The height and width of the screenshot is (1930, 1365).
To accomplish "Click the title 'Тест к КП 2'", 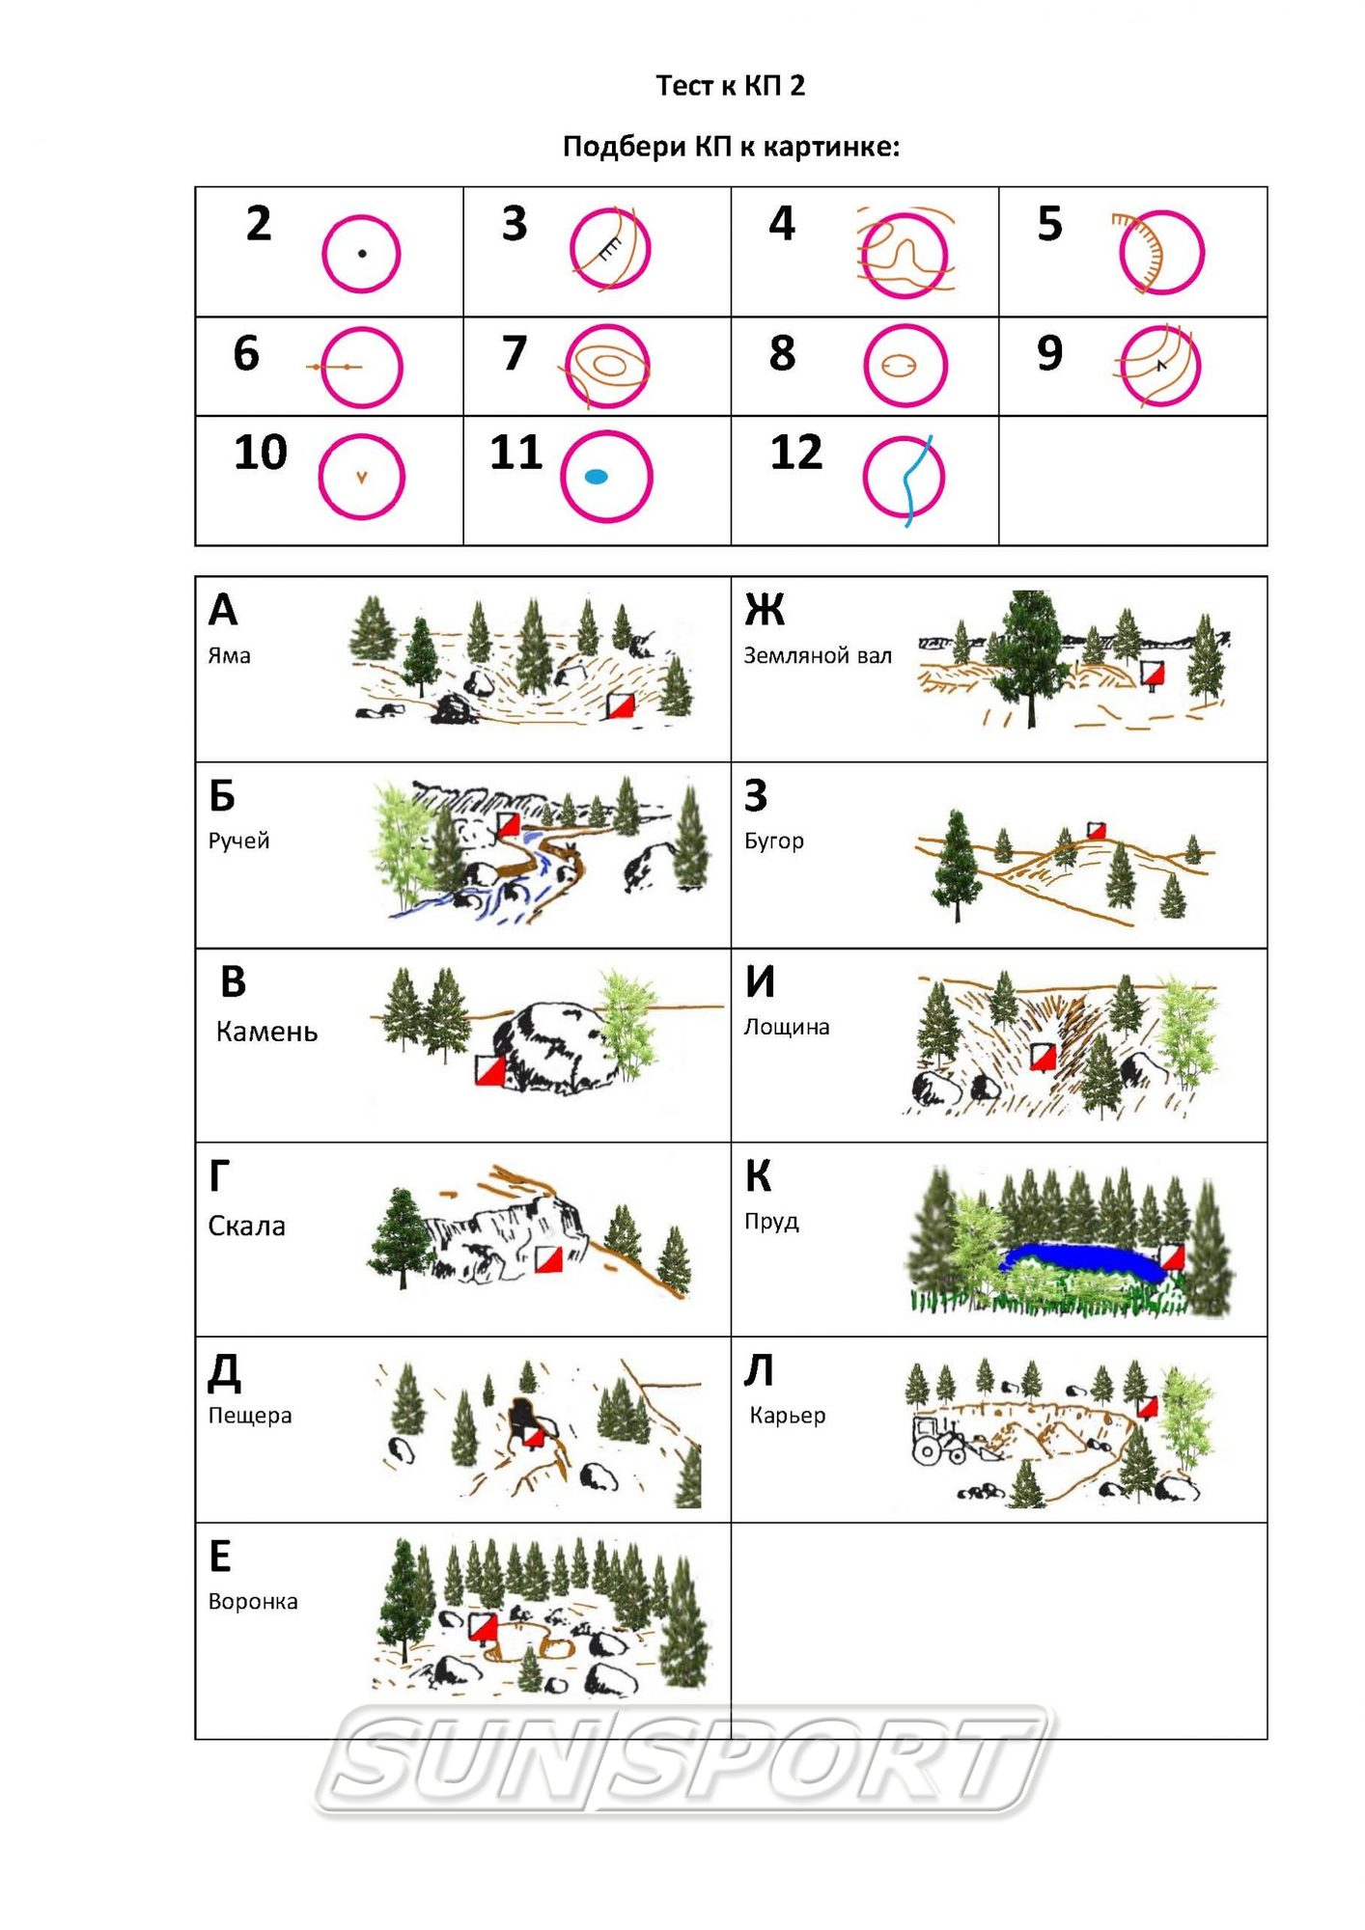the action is pos(730,86).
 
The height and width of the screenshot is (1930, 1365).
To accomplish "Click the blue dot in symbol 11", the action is pos(597,477).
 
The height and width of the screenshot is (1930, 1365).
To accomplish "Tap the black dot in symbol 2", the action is pos(362,254).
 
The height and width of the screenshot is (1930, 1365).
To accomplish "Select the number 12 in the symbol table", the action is pos(796,452).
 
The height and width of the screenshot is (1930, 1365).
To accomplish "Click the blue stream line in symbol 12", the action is pos(910,480).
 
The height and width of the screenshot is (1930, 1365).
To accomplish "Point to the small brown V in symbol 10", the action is pos(361,477).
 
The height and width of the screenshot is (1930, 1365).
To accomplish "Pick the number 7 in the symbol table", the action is pos(515,353).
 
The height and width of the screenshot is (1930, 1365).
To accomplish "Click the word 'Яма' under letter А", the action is pos(230,655).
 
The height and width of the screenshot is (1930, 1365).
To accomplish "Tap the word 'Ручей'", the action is pos(238,841).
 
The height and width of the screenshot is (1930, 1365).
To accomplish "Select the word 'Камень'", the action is pos(266,1032).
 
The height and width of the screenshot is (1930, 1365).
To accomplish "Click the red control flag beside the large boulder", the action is pos(490,1069).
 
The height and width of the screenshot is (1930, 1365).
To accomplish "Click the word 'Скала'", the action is pos(247,1226).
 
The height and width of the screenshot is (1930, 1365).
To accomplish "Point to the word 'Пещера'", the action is pos(250,1416).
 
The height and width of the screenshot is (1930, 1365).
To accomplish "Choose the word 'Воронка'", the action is pos(253,1602).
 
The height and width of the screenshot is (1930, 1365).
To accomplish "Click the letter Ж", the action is pos(765,610).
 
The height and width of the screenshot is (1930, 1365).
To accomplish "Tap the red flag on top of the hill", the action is pos(1096,831).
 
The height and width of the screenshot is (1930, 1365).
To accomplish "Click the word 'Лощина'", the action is pos(787,1027).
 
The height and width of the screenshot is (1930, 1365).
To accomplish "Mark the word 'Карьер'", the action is pos(788,1416).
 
